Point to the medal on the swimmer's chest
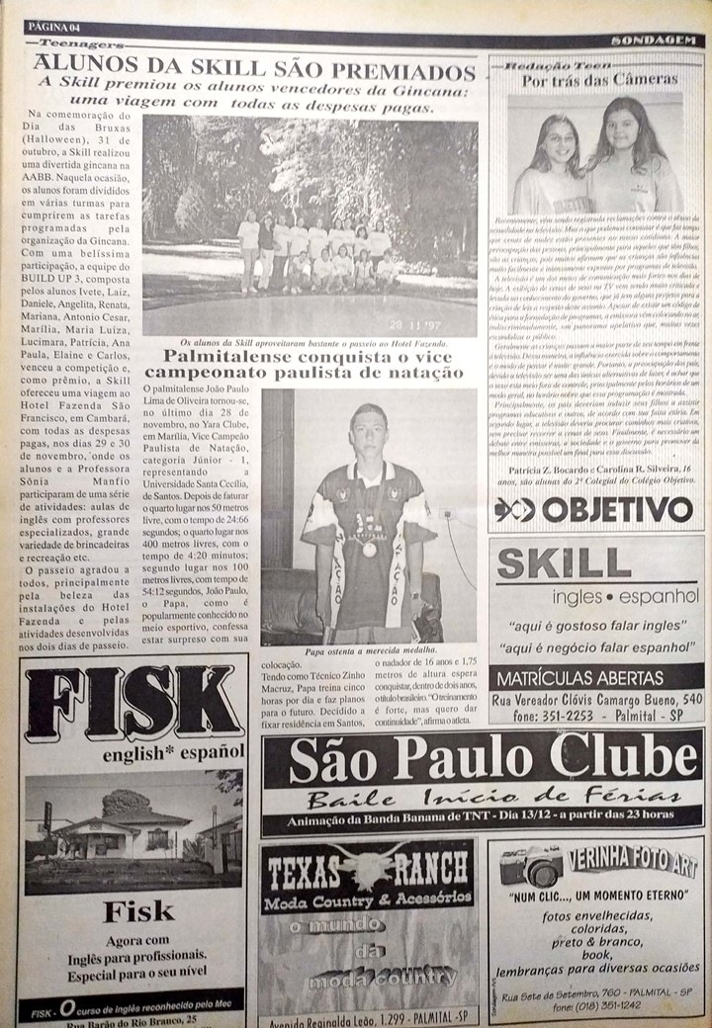(369, 550)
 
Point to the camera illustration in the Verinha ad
(531, 867)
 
